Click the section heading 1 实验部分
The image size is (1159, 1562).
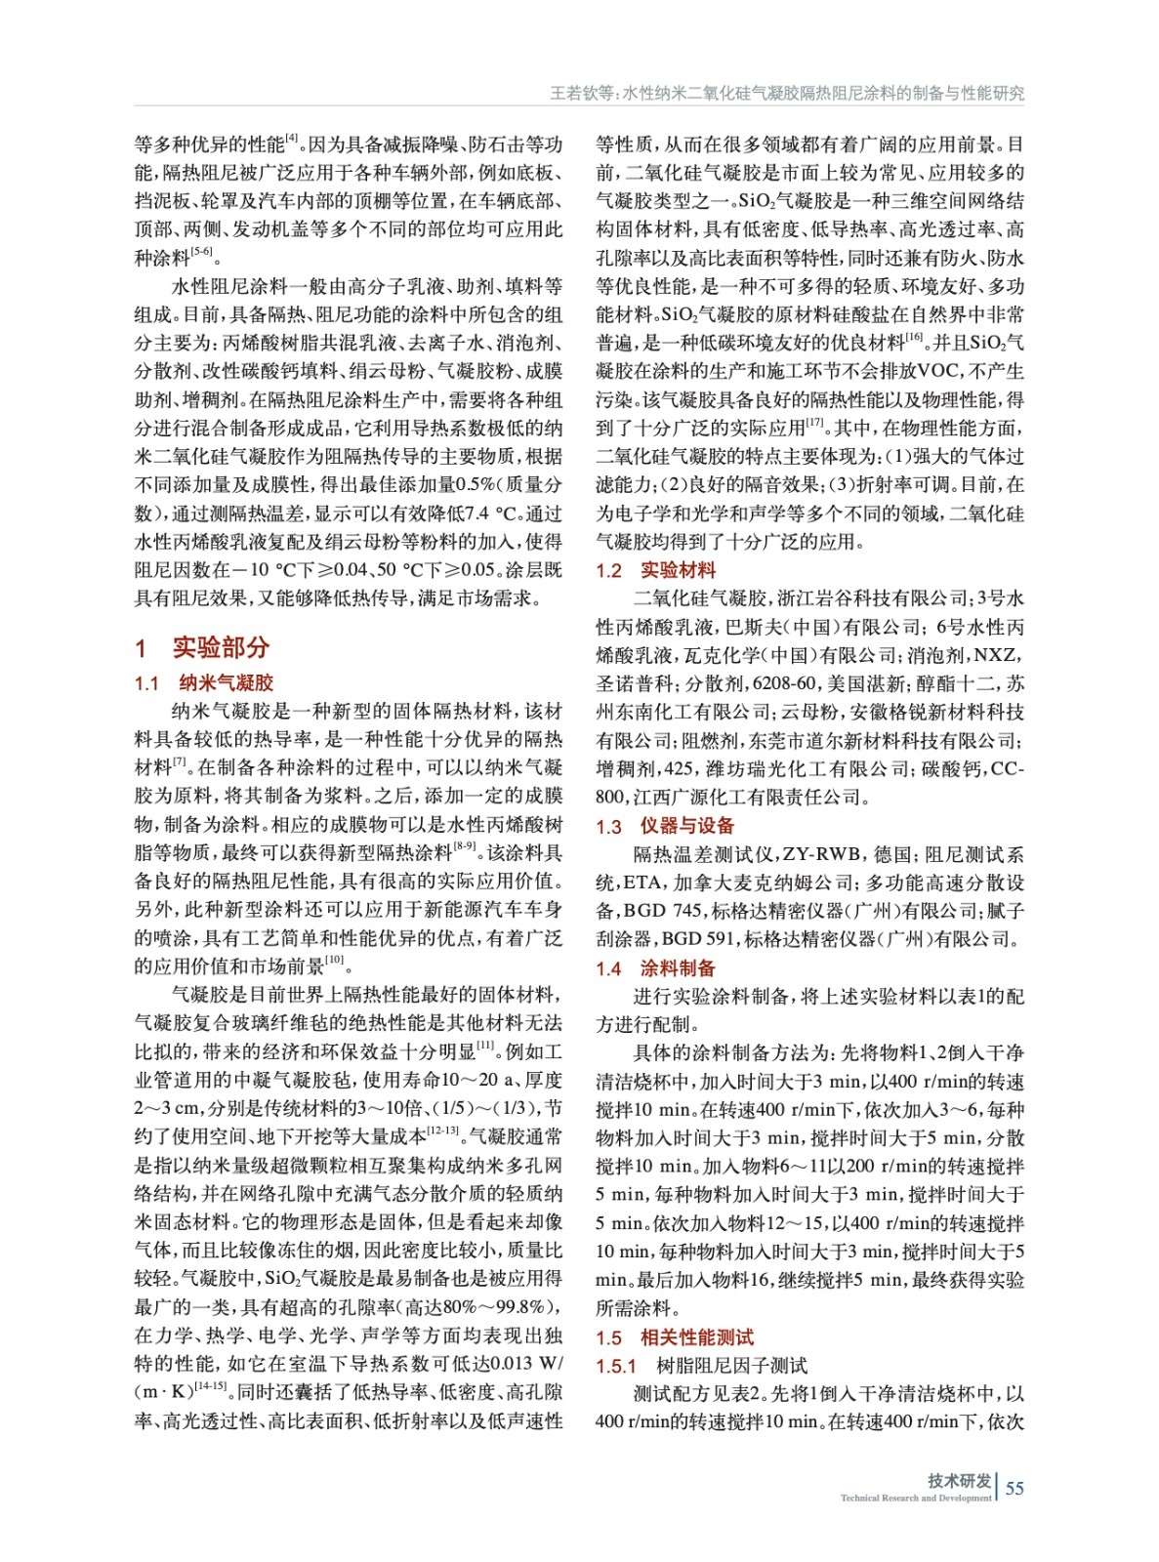(202, 647)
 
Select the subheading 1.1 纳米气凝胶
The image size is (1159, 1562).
(204, 682)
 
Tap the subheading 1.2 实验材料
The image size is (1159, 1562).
(656, 570)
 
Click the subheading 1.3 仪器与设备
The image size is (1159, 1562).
(665, 826)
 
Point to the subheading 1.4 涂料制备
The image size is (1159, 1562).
(656, 968)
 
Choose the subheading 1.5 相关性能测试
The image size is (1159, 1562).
(675, 1337)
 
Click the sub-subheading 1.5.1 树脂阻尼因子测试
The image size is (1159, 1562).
(702, 1366)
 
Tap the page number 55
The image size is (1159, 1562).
(1014, 1488)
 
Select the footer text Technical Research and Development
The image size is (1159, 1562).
(915, 1498)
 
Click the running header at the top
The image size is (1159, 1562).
(787, 93)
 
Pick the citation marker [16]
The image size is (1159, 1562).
(914, 337)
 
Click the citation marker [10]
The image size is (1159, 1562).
(335, 961)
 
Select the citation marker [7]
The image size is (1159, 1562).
(180, 761)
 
